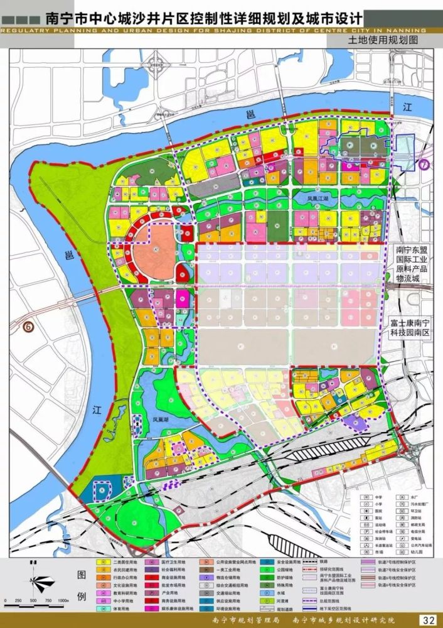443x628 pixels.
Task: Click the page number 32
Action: pyautogui.click(x=429, y=620)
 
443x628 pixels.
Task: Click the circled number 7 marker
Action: pyautogui.click(x=425, y=165)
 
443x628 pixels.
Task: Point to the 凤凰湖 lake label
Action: pyautogui.click(x=159, y=417)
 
